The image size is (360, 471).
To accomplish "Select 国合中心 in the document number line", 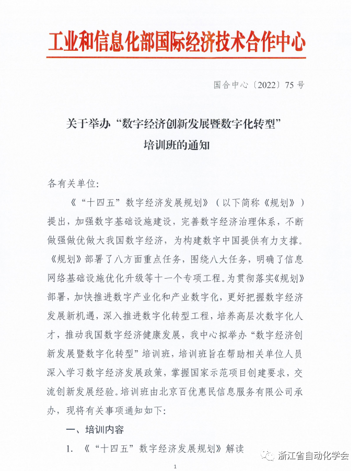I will (x=230, y=85).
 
